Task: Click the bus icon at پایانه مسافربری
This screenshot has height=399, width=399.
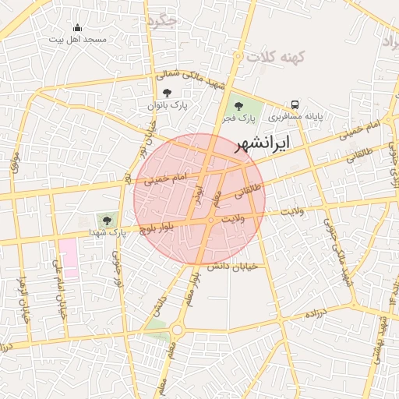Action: pos(295,104)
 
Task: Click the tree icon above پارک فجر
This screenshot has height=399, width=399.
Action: pos(238,106)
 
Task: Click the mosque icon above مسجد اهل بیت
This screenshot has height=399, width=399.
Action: pos(76,29)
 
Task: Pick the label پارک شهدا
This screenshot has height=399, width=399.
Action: pos(107,233)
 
